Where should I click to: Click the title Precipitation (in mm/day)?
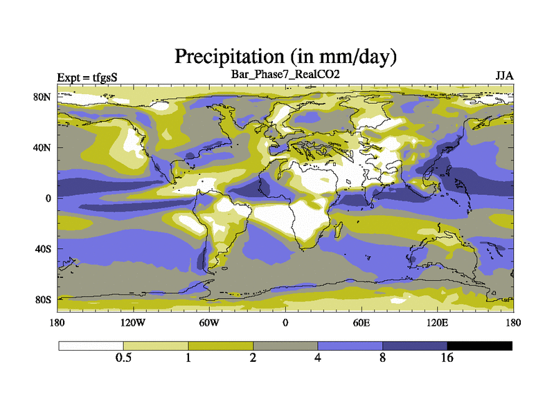[x=285, y=55]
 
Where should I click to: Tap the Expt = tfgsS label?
[x=87, y=77]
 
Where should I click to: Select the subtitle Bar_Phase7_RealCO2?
[x=285, y=74]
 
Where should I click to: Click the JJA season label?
[x=503, y=75]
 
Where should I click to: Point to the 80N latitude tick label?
[x=43, y=97]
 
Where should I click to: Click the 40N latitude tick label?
[x=43, y=147]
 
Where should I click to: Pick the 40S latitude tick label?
[x=44, y=248]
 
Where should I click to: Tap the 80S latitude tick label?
[x=44, y=299]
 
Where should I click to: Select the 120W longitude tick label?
[x=133, y=323]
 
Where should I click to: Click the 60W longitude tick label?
[x=209, y=323]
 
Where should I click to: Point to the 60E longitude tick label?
[x=361, y=323]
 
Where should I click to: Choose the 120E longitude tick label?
[x=437, y=323]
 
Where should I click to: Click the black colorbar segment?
[x=480, y=345]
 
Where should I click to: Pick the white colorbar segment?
[x=91, y=345]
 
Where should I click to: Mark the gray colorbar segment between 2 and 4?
[x=285, y=345]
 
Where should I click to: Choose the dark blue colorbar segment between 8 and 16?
[x=415, y=345]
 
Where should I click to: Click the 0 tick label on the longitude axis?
[x=285, y=323]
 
